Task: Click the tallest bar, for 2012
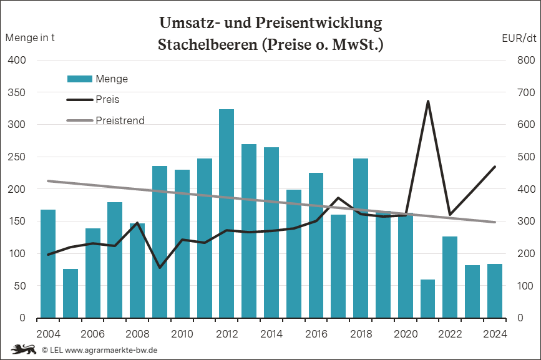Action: (x=227, y=213)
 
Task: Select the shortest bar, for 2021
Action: (x=427, y=299)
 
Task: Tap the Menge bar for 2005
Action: (x=71, y=293)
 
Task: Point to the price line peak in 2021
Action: (x=428, y=101)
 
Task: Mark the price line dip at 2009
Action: (x=160, y=268)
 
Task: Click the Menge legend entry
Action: (x=112, y=79)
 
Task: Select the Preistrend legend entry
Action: (x=120, y=120)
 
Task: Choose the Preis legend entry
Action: (x=107, y=99)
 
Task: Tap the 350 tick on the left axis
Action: (x=16, y=92)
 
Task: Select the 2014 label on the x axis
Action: (x=271, y=333)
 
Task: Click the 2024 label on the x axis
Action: (x=495, y=333)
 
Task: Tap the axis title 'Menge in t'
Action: (x=29, y=37)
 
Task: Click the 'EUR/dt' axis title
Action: (x=519, y=37)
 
